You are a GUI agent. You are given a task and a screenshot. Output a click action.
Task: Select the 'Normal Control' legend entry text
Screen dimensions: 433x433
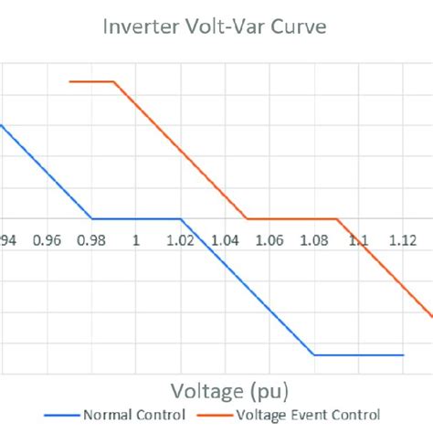(x=125, y=416)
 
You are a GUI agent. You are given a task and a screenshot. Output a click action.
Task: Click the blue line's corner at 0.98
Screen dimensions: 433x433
(x=91, y=218)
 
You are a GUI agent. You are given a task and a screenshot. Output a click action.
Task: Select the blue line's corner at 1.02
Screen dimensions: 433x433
(x=181, y=218)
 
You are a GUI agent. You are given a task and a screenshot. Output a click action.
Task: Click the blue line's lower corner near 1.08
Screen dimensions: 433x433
(x=313, y=354)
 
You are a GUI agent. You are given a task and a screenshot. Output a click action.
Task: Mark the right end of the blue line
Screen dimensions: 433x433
(x=403, y=354)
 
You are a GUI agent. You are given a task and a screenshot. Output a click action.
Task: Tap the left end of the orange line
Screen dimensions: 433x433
(x=69, y=82)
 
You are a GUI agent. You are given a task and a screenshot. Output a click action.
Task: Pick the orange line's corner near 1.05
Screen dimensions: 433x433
(x=248, y=218)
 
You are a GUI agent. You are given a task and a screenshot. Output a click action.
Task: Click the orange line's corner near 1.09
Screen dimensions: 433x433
(x=337, y=218)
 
